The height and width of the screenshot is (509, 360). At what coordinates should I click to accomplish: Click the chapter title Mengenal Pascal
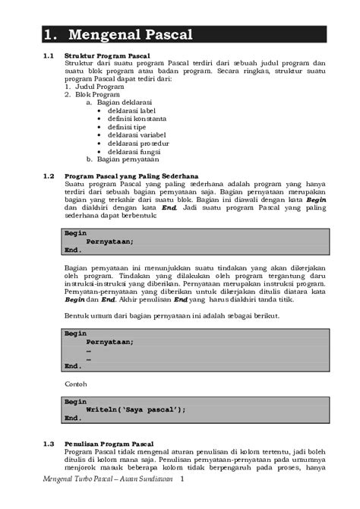coord(128,35)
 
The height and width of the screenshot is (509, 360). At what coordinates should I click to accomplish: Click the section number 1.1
coord(49,56)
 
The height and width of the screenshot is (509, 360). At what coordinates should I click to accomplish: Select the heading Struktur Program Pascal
coord(108,56)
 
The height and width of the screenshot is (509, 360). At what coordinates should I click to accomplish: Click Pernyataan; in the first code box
coord(110,242)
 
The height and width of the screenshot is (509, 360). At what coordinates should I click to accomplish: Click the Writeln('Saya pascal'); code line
coord(136,409)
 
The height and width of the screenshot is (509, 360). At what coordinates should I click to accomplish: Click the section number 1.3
coord(49,443)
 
